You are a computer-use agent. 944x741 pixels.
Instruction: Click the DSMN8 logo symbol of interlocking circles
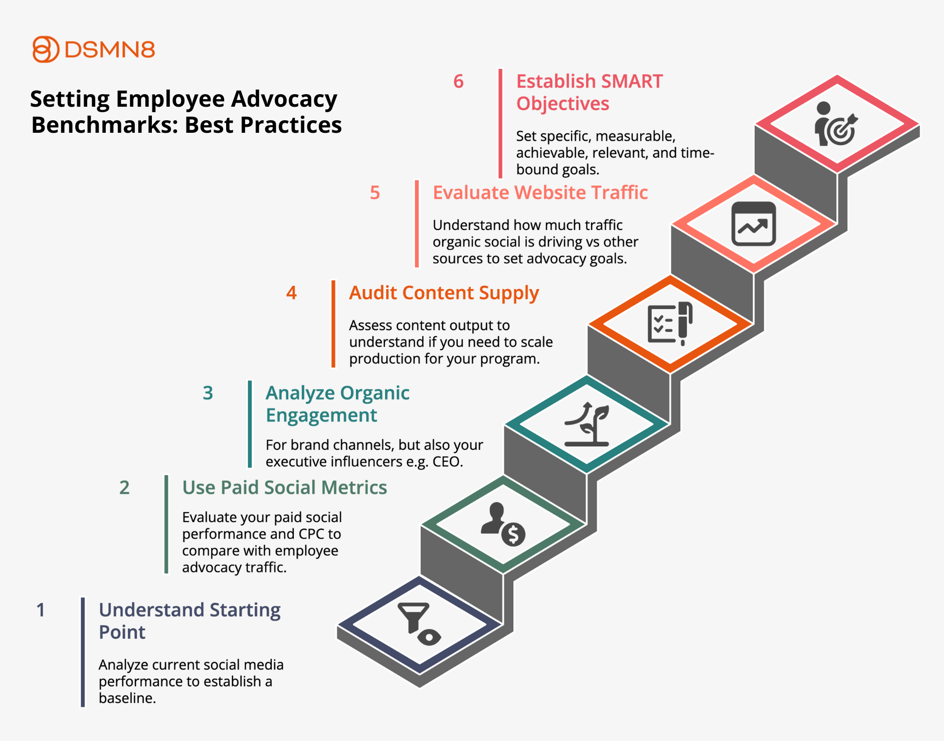46,49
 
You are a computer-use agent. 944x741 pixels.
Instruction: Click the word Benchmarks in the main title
105,125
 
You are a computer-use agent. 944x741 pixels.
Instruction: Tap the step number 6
458,82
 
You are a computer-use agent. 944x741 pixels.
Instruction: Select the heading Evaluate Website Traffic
540,193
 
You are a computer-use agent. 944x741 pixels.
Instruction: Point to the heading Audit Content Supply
444,294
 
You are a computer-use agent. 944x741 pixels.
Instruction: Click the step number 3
208,393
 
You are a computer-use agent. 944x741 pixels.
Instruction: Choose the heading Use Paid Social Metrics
284,487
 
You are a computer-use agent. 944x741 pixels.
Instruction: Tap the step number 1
41,610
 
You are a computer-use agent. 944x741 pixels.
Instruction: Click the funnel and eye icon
419,624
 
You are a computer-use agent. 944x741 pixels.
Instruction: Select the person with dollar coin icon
503,524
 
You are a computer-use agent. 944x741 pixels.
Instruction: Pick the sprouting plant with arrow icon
587,424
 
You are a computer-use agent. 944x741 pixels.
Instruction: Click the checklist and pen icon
670,324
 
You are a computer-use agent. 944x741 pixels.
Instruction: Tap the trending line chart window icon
753,224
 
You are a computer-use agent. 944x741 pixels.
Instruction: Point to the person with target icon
836,124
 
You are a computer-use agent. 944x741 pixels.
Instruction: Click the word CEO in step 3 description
448,461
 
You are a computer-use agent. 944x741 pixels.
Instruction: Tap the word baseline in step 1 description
127,698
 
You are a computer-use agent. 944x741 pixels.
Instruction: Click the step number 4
291,293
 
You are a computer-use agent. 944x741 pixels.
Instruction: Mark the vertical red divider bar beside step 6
500,123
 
